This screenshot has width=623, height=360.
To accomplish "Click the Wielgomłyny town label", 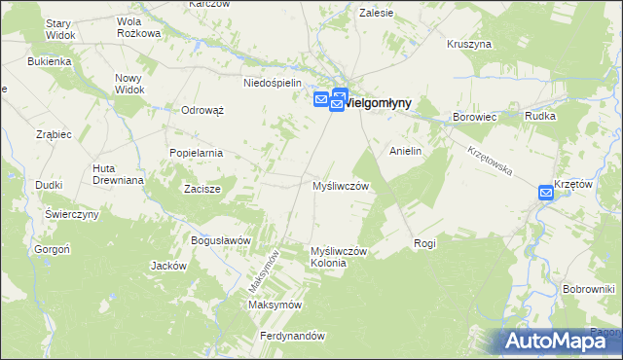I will tap(379, 101).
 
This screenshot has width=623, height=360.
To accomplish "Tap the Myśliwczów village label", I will tap(340, 185).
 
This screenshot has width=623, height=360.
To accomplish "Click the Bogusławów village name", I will tap(221, 240).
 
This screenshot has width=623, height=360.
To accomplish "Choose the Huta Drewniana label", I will tap(118, 174).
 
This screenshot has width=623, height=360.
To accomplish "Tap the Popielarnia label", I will tap(196, 153).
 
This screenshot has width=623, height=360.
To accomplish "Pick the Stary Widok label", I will tap(59, 29).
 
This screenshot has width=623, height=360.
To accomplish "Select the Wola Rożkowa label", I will tap(138, 26).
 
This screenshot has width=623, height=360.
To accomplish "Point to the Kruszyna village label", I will tap(469, 44).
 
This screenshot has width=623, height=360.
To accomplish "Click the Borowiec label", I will tap(475, 117).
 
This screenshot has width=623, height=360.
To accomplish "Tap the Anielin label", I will tap(405, 152).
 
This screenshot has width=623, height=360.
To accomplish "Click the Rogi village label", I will tap(424, 243).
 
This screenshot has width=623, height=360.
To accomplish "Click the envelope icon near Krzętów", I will tap(546, 194).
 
